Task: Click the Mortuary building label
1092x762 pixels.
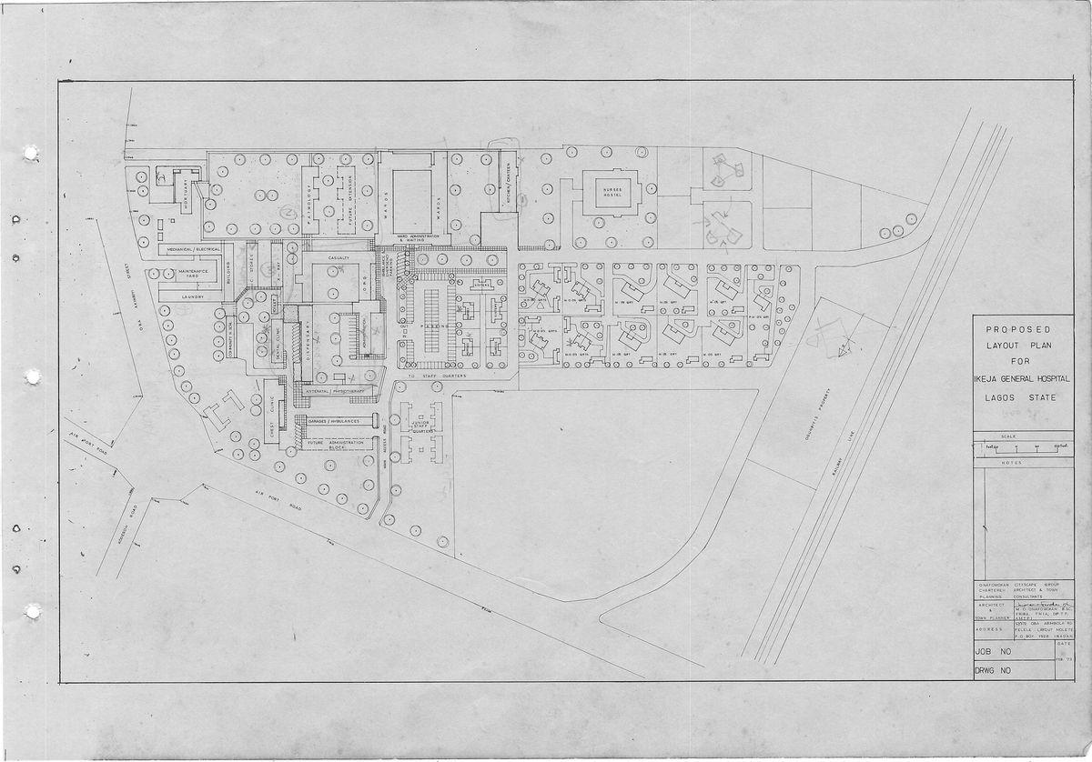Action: [185, 194]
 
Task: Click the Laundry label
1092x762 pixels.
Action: [192, 296]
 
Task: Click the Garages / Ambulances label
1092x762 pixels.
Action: [333, 421]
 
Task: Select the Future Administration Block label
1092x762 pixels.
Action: [333, 446]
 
